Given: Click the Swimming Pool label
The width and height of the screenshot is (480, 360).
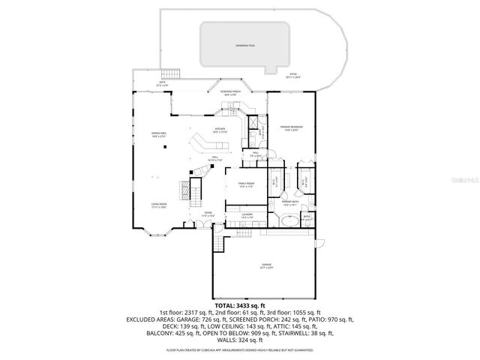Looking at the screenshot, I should pos(244,45).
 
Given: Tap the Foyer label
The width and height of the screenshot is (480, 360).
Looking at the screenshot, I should pos(208,214).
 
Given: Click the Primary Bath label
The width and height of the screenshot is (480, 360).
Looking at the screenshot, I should pos(290,203).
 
